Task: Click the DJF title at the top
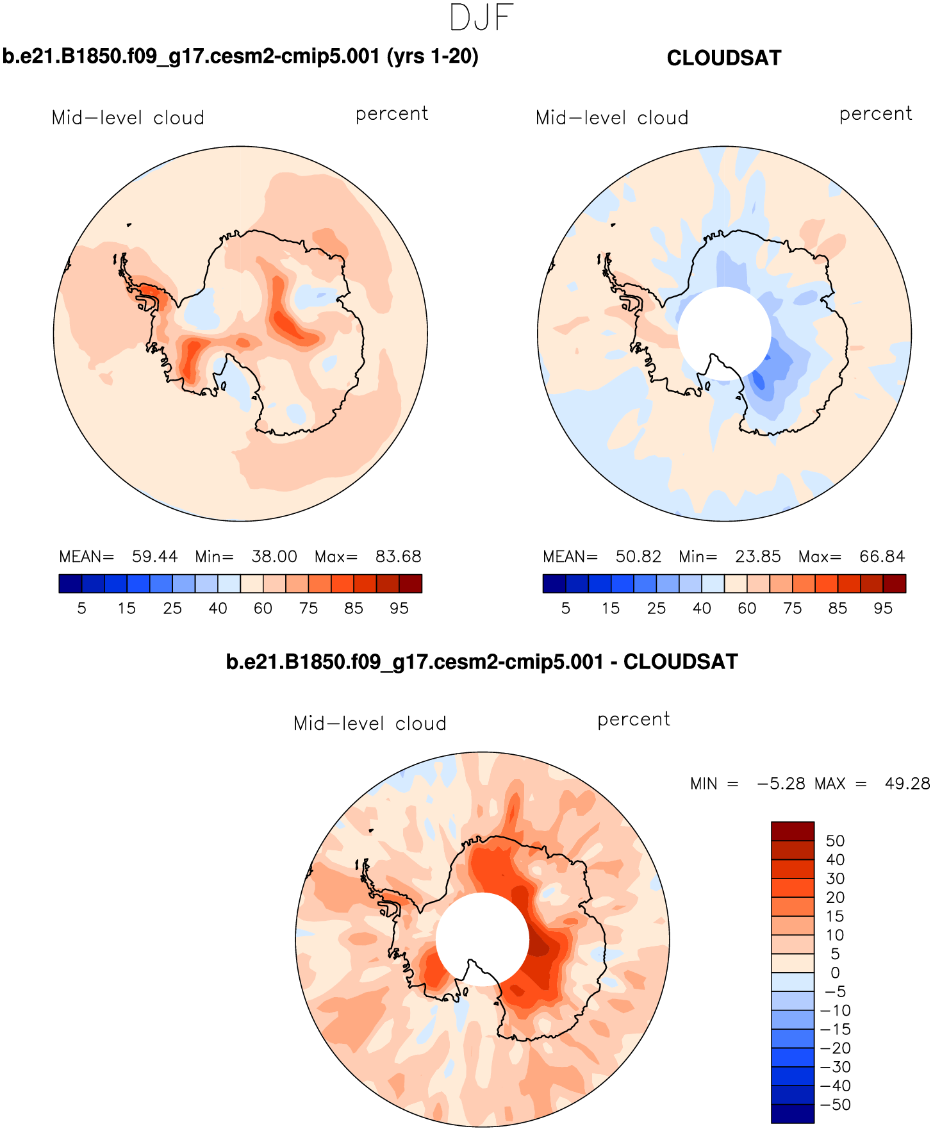pos(481,18)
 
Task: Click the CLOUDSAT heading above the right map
pos(723,58)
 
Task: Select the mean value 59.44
pos(154,556)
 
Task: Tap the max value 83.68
pos(398,556)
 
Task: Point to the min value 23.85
pos(757,556)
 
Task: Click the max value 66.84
pos(882,556)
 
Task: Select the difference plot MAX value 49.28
pos(907,784)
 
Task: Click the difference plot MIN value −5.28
pos(780,784)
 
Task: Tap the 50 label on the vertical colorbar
pos(835,841)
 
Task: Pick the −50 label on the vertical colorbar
pos(836,1105)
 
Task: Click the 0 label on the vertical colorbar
pos(835,973)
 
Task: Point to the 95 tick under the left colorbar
pos(399,608)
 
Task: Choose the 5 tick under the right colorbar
pos(565,608)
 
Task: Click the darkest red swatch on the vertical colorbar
pos(793,831)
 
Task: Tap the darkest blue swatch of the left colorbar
pos(70,583)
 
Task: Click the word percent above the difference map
pos(633,720)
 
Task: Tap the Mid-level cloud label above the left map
pos(128,118)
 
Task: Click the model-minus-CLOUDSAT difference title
pos(482,661)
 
